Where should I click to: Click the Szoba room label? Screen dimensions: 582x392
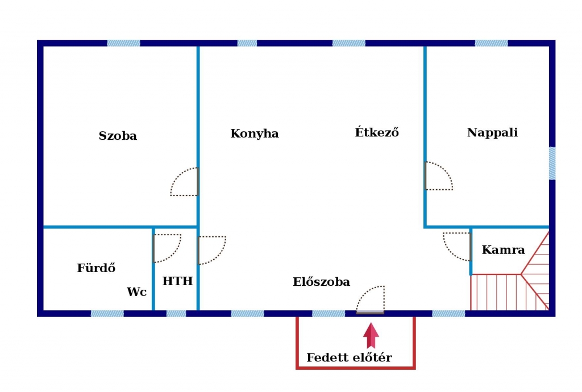coord(118,136)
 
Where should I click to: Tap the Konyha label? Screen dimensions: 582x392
coord(254,134)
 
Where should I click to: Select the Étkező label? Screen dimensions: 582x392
coord(377,132)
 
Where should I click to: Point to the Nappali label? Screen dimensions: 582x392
coord(492,132)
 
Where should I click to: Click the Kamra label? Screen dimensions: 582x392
coord(504,249)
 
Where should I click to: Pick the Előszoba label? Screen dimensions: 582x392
coord(321,281)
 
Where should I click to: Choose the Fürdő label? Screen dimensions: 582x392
coord(96,268)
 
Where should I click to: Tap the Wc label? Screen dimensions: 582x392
coord(136,292)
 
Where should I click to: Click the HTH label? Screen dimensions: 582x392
coord(177,281)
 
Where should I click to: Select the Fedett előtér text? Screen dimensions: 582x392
coord(349,357)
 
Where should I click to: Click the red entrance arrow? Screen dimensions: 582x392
coord(371,335)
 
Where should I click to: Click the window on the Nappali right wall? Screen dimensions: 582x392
coord(552,164)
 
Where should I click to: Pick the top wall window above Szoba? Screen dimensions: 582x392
coord(123,43)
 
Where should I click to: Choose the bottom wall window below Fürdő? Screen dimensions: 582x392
coord(107,314)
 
